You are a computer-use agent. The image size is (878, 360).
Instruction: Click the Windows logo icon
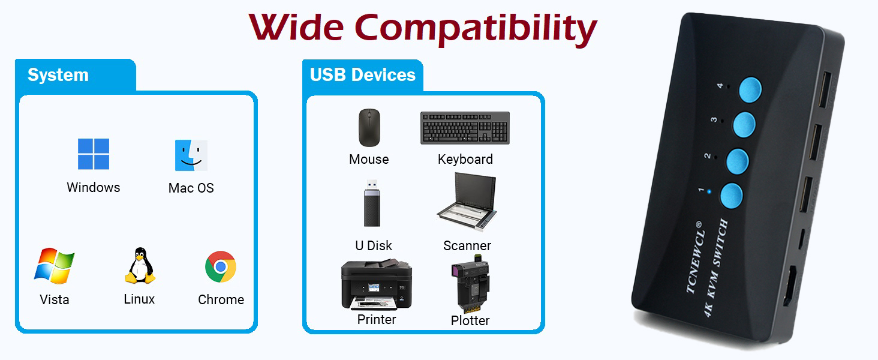(94, 154)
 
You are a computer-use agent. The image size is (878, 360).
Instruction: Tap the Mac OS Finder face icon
(191, 155)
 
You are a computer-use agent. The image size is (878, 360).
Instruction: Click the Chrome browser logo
(221, 266)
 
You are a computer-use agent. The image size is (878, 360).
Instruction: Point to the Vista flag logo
(54, 265)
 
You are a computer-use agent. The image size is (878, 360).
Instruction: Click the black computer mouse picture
(369, 127)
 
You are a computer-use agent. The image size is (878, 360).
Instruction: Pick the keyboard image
(465, 128)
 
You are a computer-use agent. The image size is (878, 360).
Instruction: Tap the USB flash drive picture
(371, 203)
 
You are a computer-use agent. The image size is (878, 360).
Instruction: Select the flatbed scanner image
(467, 203)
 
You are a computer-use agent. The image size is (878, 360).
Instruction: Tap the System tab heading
(58, 75)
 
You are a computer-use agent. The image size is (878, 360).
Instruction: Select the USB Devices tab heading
(363, 75)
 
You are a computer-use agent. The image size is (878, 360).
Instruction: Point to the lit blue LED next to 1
(709, 193)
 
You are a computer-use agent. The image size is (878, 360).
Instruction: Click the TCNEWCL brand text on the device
(695, 258)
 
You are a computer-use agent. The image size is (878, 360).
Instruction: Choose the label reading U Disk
(374, 245)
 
